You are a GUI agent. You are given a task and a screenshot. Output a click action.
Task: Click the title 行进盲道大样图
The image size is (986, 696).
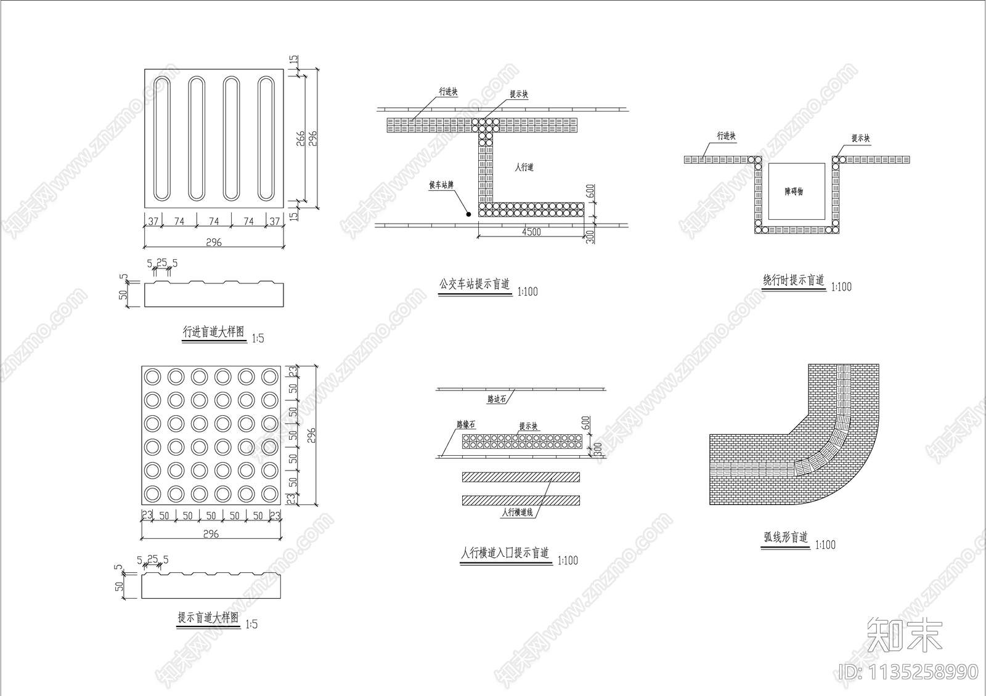coord(213,332)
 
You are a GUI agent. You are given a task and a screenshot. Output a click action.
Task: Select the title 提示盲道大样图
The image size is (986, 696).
coord(208,617)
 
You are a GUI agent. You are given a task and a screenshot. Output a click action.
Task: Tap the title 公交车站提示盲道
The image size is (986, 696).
coord(475,285)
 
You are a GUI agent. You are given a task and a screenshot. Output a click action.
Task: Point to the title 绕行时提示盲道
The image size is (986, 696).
coord(794,280)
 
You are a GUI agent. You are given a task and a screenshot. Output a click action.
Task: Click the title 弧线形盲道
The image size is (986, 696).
coord(786,537)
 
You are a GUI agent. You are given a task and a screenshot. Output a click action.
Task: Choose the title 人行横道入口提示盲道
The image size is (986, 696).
coord(505,553)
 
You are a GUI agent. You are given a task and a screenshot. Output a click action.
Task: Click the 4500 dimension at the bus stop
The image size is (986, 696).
coord(531,232)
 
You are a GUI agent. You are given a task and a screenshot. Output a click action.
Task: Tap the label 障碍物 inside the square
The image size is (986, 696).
coord(794,192)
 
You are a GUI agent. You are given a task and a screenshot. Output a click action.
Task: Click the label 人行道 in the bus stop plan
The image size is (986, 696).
coord(524,167)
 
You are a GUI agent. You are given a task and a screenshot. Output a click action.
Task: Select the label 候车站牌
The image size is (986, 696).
coord(442,185)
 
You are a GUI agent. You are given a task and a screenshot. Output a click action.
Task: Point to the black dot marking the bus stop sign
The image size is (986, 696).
coord(468,214)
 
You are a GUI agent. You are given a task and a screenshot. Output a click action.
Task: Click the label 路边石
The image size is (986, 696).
coord(497,399)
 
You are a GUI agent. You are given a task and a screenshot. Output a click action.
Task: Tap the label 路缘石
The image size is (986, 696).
coord(466,424)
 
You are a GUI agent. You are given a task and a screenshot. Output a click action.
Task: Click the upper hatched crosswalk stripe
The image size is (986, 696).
coord(521,477)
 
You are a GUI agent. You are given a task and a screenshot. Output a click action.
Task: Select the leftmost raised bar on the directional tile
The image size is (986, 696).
coord(162,138)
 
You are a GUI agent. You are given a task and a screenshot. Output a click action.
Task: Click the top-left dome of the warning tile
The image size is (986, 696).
coord(152,376)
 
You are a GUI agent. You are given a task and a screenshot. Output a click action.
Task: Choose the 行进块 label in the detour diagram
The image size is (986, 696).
coord(727,136)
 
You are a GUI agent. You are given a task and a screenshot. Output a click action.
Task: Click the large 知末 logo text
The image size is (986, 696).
coord(904,634)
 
